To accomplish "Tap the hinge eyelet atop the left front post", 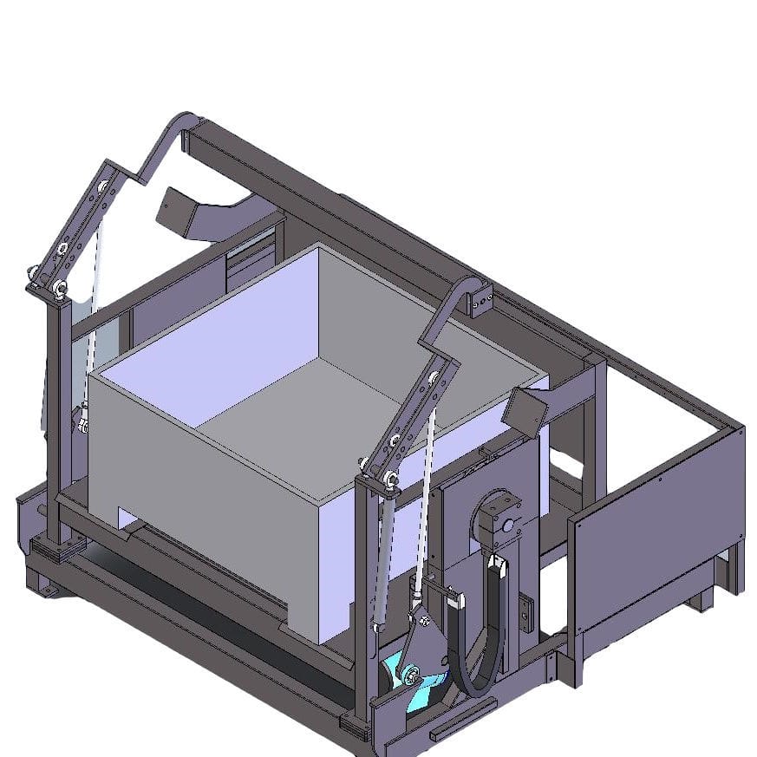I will [x=60, y=288].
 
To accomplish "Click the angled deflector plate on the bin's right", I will [x=527, y=408].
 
